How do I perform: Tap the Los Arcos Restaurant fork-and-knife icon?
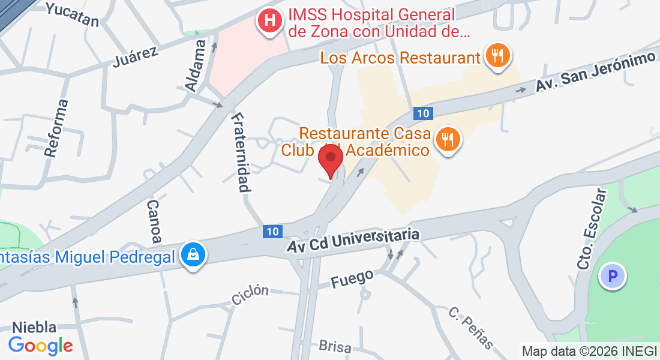(497, 56)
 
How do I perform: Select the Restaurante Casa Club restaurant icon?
(447, 140)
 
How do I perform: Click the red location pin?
(330, 160)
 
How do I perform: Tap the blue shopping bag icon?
(194, 256)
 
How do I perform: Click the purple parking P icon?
(613, 277)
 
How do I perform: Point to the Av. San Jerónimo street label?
(595, 73)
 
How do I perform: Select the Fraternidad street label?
(239, 152)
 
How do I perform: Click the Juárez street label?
(136, 57)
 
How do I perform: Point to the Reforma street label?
(56, 128)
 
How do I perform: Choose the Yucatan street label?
(72, 14)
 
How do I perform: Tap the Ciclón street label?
(250, 295)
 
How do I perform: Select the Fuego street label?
(352, 278)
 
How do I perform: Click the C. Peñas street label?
(472, 328)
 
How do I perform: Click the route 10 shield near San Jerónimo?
(423, 113)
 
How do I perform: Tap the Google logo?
(40, 346)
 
